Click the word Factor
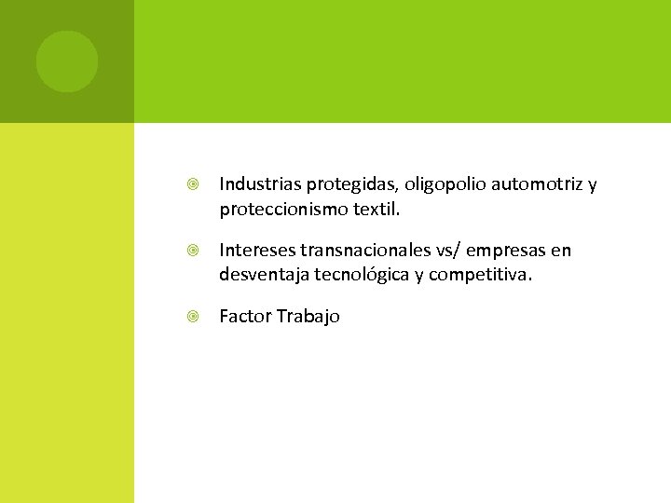click(x=244, y=317)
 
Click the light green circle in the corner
click(x=67, y=61)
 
